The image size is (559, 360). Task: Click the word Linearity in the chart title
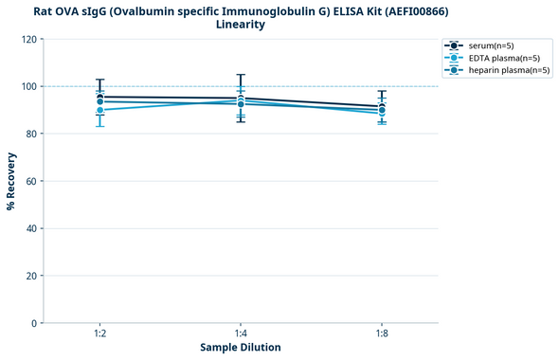[241, 25]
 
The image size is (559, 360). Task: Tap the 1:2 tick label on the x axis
[99, 334]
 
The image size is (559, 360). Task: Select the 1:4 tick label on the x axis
[241, 334]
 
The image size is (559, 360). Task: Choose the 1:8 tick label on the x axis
[382, 334]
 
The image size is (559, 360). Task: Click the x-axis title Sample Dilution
[241, 348]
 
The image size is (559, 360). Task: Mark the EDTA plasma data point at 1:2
[99, 110]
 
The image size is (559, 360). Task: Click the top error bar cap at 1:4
[241, 75]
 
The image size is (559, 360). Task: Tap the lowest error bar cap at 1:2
[99, 126]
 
